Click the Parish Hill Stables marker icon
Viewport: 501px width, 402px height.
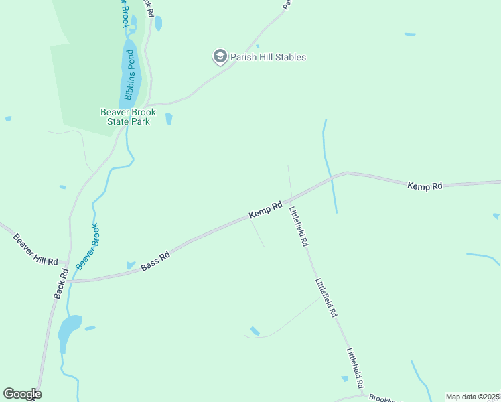pos(220,57)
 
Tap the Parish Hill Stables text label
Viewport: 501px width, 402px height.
pos(268,57)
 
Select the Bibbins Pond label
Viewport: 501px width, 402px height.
pos(129,75)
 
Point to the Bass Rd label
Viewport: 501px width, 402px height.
pos(155,261)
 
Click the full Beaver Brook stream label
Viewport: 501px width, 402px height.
pos(87,246)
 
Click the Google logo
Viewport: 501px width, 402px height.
pos(22,394)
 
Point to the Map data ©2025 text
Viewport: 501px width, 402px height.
pos(473,397)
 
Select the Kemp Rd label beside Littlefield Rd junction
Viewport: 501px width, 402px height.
pos(266,210)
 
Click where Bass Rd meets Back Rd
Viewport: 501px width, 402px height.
pos(67,281)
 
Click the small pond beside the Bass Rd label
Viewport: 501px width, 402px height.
pos(130,265)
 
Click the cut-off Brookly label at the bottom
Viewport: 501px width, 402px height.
pos(380,397)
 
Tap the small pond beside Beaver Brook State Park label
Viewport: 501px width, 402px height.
pos(169,119)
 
